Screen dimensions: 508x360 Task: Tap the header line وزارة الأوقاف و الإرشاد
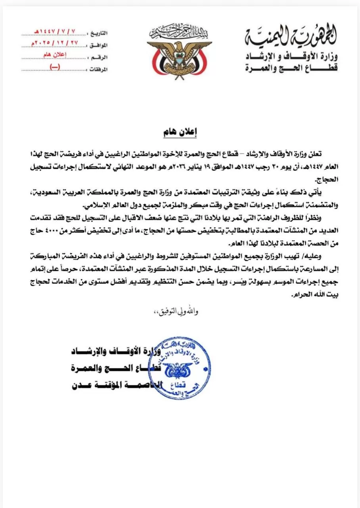291,56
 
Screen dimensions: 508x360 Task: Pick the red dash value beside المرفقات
54,67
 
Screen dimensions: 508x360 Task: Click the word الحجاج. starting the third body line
325,179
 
